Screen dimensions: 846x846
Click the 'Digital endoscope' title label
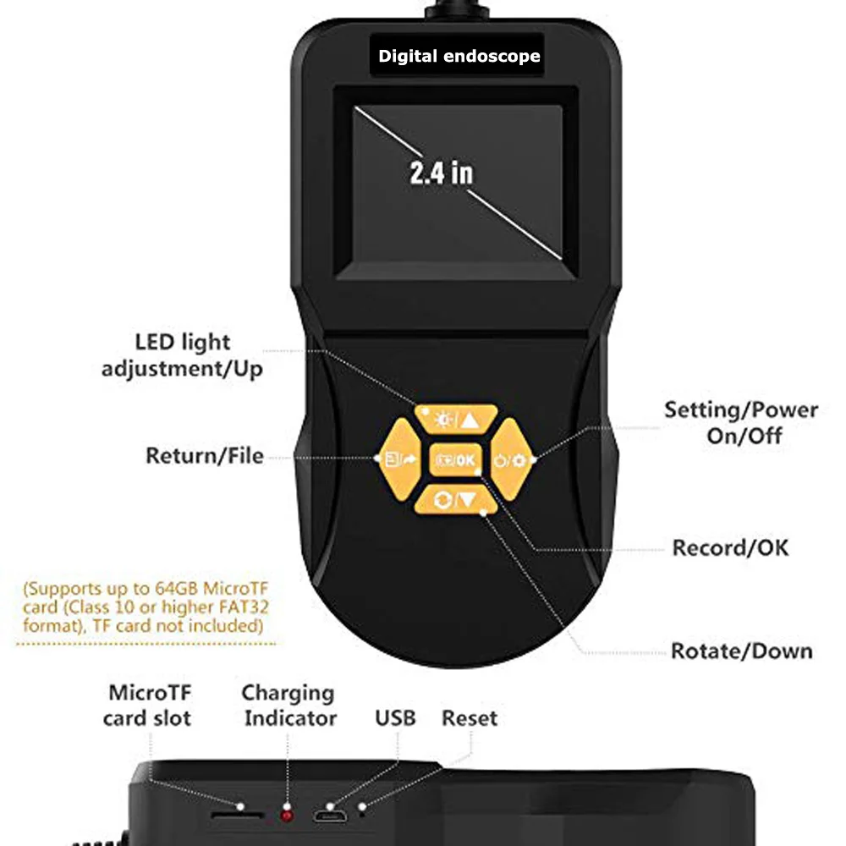(x=459, y=56)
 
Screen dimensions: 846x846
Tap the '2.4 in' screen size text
(x=442, y=173)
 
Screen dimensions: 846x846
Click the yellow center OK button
(x=456, y=459)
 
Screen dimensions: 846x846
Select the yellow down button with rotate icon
(x=456, y=500)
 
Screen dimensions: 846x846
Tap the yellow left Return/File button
(x=400, y=459)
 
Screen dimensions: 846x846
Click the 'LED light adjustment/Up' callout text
(x=183, y=355)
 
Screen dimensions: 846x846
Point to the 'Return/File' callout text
(x=205, y=456)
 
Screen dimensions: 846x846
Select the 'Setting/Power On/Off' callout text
(x=741, y=423)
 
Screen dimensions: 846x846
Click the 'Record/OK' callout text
(x=731, y=547)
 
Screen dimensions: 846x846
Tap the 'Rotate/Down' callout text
(x=742, y=651)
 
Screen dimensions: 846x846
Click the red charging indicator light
(x=287, y=816)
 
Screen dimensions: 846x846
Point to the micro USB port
(x=330, y=816)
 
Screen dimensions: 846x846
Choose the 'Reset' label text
(x=470, y=718)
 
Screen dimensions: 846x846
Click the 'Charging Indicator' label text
(x=289, y=706)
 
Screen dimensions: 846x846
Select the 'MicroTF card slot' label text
(x=147, y=706)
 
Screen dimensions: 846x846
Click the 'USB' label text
(x=395, y=718)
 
